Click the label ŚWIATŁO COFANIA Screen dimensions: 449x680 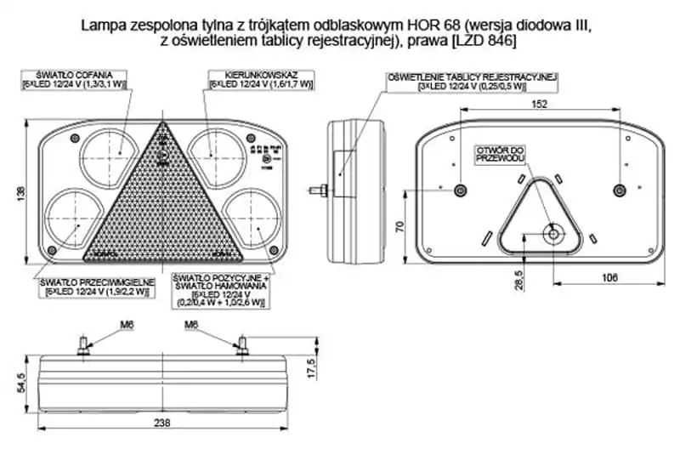pyautogui.click(x=76, y=75)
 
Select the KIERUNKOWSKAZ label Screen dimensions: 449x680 pyautogui.click(x=261, y=75)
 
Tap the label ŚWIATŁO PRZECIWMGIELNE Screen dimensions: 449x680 pyautogui.click(x=93, y=282)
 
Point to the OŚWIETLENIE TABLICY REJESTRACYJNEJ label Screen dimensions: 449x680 pyautogui.click(x=472, y=77)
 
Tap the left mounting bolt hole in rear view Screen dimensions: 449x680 pyautogui.click(x=460, y=190)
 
